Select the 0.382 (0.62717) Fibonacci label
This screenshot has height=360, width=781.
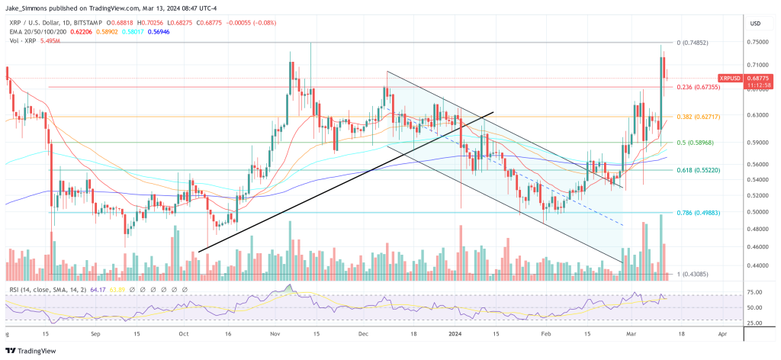697,116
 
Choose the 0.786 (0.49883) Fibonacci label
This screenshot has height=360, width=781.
697,212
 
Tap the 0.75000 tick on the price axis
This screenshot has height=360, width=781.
758,44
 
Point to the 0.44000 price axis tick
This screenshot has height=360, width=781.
758,265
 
